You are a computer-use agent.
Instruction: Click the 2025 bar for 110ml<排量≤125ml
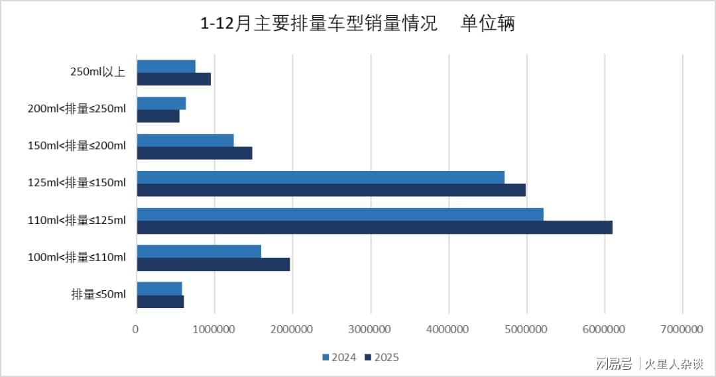(375, 227)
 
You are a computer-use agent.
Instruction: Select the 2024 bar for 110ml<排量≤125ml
(340, 214)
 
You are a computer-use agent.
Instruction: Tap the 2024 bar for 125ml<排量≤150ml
(320, 177)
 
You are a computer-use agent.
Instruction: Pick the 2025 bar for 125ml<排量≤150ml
(331, 190)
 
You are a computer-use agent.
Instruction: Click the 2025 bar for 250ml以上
(174, 79)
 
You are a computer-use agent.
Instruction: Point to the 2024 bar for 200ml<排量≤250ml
(161, 103)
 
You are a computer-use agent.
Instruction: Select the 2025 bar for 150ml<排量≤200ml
(194, 153)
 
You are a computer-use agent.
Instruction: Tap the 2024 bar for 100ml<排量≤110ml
(199, 251)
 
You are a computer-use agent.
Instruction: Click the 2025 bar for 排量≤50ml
(160, 301)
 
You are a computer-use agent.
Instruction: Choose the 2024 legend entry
(339, 358)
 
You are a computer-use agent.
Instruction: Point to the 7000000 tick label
(682, 329)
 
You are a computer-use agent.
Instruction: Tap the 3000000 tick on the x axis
(371, 329)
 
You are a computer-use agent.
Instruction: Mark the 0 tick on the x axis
(136, 329)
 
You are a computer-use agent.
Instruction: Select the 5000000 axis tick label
(526, 329)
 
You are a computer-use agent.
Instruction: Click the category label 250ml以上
(98, 72)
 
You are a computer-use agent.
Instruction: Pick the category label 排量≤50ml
(99, 295)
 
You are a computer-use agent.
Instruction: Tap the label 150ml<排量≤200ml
(77, 146)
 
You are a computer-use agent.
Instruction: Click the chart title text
(357, 24)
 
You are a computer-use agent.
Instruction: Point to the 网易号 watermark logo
(613, 363)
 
